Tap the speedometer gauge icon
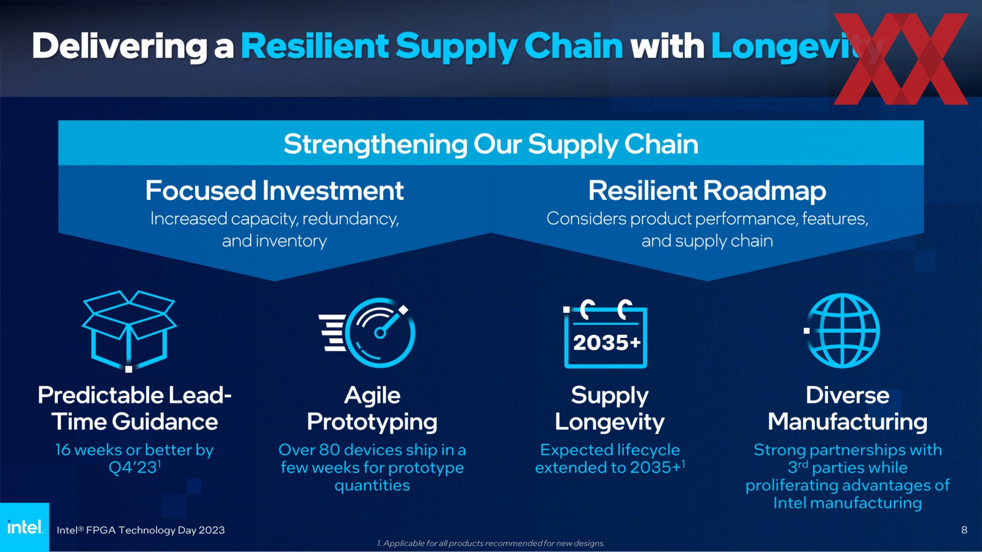pyautogui.click(x=367, y=333)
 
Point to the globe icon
pyautogui.click(x=842, y=331)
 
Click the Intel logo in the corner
pyautogui.click(x=25, y=527)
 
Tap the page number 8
pyautogui.click(x=964, y=530)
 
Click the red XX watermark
pyautogui.click(x=901, y=59)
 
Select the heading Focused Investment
pyautogui.click(x=275, y=191)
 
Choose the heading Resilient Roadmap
pyautogui.click(x=707, y=191)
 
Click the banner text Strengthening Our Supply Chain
pyautogui.click(x=491, y=144)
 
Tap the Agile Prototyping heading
pyautogui.click(x=372, y=408)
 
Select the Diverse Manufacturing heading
pyautogui.click(x=847, y=408)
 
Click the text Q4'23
pyautogui.click(x=133, y=468)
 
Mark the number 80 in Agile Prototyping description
pyautogui.click(x=329, y=450)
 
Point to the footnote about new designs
pyautogui.click(x=491, y=543)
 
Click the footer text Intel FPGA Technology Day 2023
pyautogui.click(x=141, y=530)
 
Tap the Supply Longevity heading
pyautogui.click(x=610, y=408)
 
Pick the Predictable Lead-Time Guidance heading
pyautogui.click(x=135, y=408)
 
